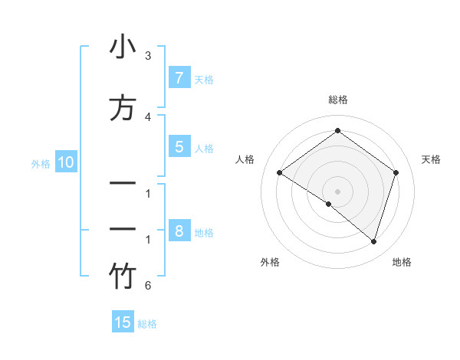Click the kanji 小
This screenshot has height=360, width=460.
pyautogui.click(x=122, y=47)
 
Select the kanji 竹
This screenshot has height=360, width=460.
pyautogui.click(x=122, y=277)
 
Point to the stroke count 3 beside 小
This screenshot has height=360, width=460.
pyautogui.click(x=148, y=56)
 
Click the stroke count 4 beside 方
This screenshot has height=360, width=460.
pyautogui.click(x=148, y=116)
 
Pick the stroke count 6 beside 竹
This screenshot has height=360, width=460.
pyautogui.click(x=148, y=286)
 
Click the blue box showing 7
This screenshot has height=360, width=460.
pyautogui.click(x=179, y=77)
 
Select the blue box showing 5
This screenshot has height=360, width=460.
pyautogui.click(x=179, y=147)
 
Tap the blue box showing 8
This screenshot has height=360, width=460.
pyautogui.click(x=179, y=231)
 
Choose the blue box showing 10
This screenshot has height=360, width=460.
pyautogui.click(x=65, y=162)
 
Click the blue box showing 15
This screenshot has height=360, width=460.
pyautogui.click(x=123, y=322)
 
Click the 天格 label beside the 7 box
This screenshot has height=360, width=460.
pyautogui.click(x=204, y=79)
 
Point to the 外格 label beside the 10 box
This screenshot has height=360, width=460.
pyautogui.click(x=41, y=163)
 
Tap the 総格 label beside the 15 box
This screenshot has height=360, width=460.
pyautogui.click(x=147, y=324)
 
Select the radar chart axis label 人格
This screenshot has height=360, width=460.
pyautogui.click(x=245, y=159)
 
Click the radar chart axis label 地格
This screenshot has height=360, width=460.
pyautogui.click(x=402, y=262)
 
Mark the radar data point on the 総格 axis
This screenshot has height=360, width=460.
pyautogui.click(x=337, y=131)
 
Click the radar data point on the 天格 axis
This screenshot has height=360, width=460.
pyautogui.click(x=396, y=172)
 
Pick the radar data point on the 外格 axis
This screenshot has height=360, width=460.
pyautogui.click(x=329, y=204)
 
